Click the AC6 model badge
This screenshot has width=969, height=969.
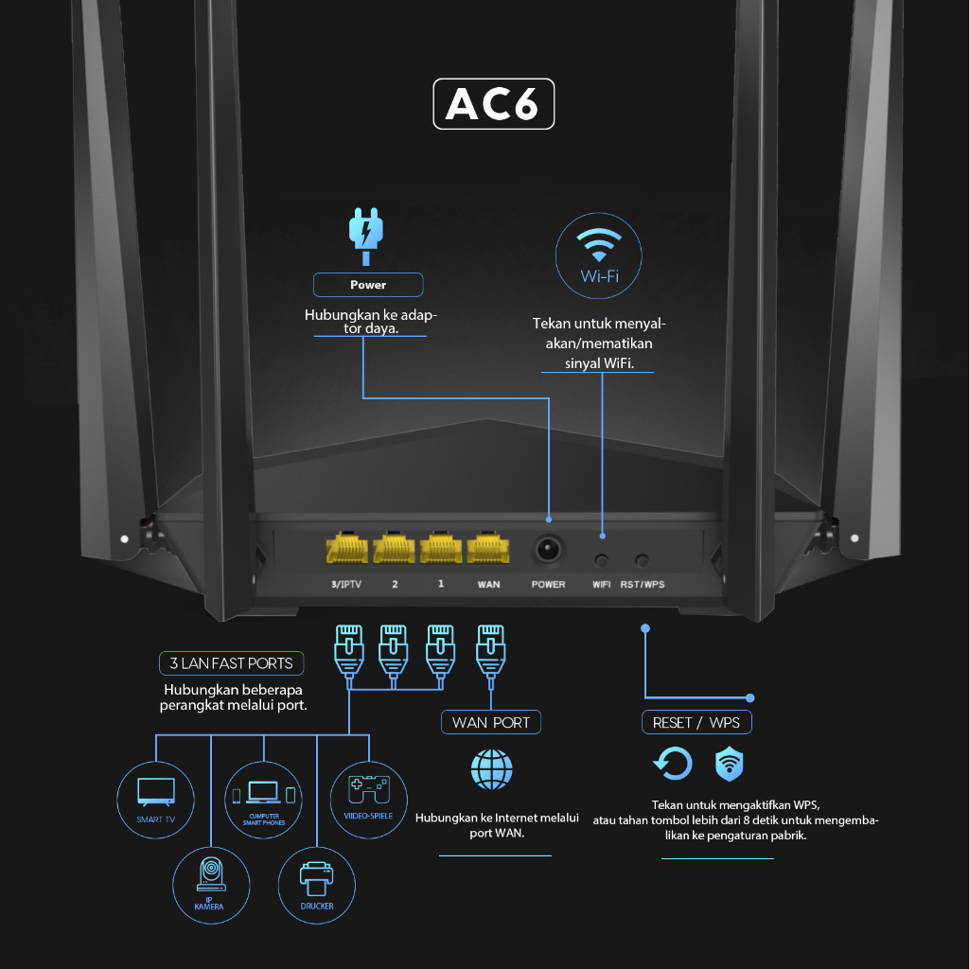[493, 104]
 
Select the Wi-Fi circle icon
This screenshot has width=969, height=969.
[598, 255]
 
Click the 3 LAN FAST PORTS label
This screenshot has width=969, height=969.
[232, 663]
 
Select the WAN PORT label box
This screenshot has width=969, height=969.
[491, 722]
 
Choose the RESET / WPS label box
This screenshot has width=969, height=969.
[696, 722]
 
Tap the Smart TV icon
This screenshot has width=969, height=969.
[156, 799]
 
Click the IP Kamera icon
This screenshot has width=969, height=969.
[210, 879]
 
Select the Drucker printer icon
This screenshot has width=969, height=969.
[317, 879]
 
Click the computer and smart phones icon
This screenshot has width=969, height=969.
[263, 799]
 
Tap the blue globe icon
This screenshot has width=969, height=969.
[492, 770]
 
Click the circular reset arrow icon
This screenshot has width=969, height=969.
[673, 763]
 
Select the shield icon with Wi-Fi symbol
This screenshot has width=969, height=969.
[729, 763]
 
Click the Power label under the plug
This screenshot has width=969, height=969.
[368, 285]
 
